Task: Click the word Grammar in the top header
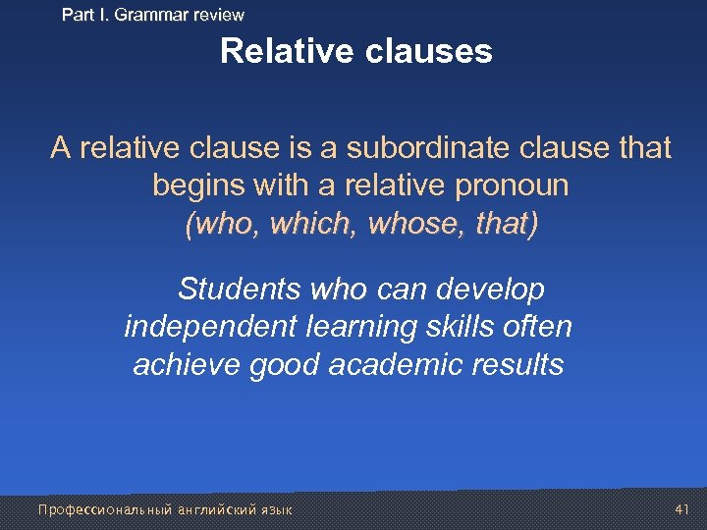click(x=147, y=15)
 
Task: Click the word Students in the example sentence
click(x=240, y=291)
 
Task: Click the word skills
click(x=451, y=328)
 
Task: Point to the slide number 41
click(x=683, y=509)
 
